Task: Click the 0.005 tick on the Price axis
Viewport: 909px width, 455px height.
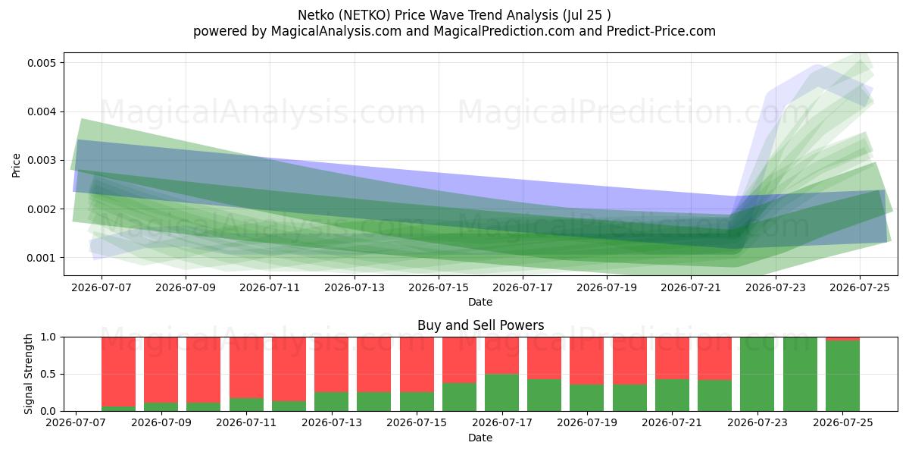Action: (x=42, y=63)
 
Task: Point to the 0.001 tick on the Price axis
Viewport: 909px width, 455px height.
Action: (x=42, y=258)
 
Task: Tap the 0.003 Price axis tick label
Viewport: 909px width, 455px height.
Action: (x=42, y=161)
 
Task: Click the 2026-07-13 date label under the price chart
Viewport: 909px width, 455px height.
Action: (x=355, y=287)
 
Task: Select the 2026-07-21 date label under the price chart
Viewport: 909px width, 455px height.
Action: (x=691, y=287)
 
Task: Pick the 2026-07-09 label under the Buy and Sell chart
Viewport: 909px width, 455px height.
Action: (x=161, y=422)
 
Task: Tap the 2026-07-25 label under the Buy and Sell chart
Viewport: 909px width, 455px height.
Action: (x=843, y=422)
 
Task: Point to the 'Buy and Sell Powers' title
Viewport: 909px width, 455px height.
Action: (x=480, y=325)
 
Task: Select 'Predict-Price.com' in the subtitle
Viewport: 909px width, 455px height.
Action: (x=661, y=31)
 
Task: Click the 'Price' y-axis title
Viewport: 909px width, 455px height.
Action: (x=16, y=165)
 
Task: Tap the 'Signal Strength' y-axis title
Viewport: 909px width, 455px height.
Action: (x=28, y=374)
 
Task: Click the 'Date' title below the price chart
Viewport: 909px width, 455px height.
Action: (x=480, y=302)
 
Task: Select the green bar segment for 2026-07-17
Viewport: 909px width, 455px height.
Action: (x=502, y=393)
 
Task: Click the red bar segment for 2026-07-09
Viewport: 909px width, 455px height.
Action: (x=161, y=370)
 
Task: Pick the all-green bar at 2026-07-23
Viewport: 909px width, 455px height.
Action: (x=757, y=374)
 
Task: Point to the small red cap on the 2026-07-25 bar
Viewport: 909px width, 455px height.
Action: (x=843, y=339)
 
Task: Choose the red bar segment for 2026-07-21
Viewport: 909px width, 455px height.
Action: (x=672, y=358)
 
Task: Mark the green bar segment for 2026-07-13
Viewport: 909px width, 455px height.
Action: (x=332, y=402)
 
